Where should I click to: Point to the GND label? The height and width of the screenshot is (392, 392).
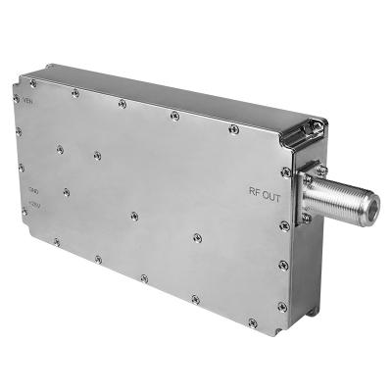click(x=35, y=191)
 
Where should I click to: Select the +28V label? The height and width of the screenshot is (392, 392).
click(x=36, y=206)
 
